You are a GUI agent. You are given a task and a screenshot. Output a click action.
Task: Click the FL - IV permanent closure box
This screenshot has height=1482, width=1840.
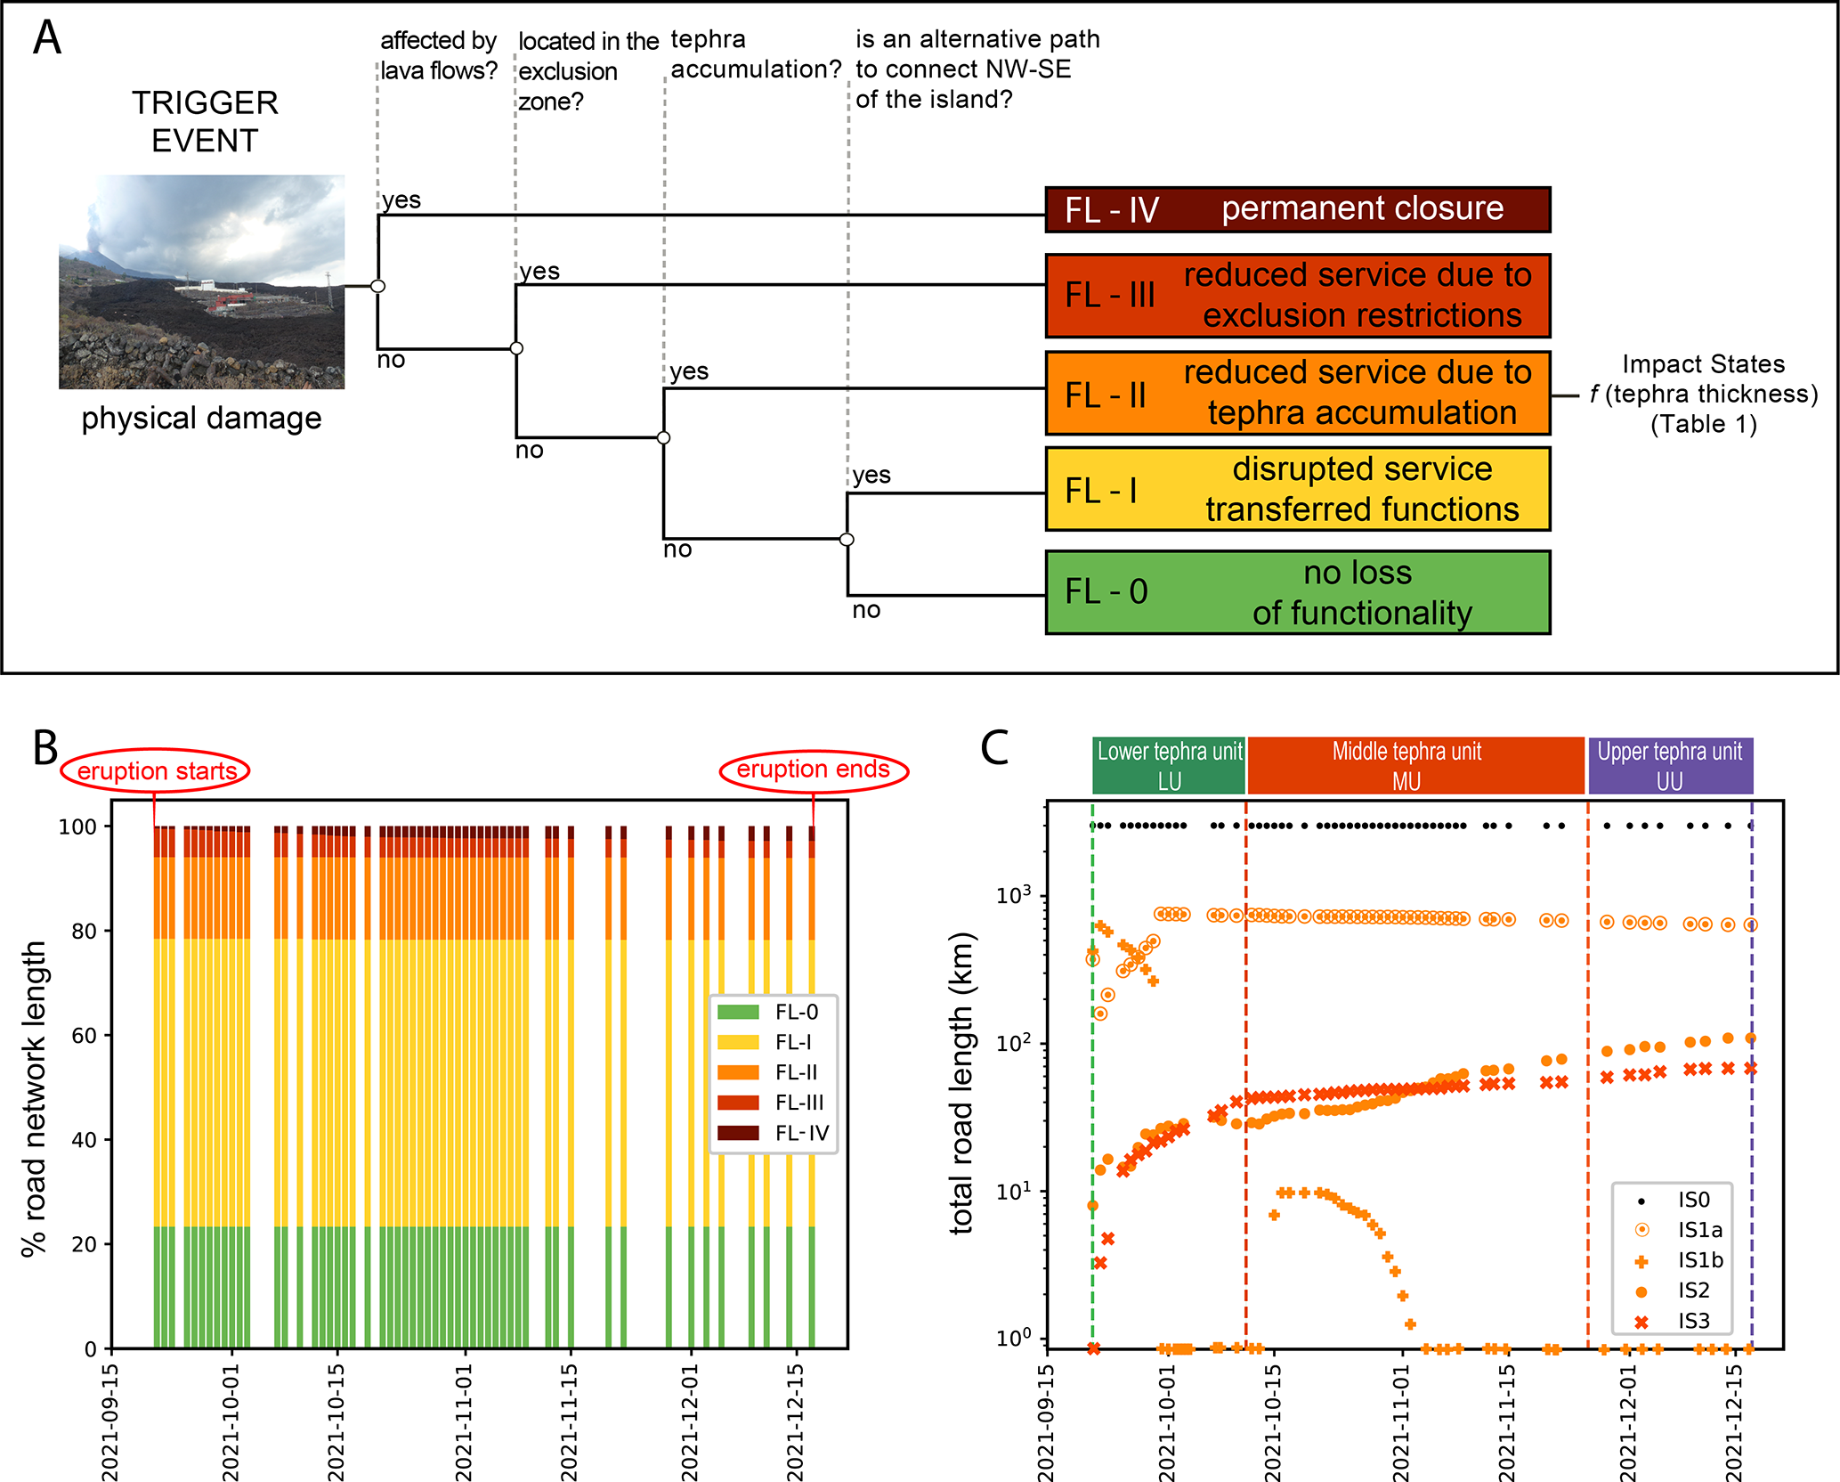click(1297, 209)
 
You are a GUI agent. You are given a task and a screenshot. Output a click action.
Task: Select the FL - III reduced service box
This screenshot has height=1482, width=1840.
click(1297, 296)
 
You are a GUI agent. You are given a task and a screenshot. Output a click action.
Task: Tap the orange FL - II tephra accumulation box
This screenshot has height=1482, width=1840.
click(1297, 393)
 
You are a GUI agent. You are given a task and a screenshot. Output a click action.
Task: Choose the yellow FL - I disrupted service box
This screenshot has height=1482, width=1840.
click(1297, 489)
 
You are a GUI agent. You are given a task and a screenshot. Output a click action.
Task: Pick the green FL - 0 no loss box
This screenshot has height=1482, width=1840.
click(1297, 592)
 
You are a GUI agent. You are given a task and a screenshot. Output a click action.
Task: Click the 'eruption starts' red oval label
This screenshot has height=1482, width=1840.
click(156, 770)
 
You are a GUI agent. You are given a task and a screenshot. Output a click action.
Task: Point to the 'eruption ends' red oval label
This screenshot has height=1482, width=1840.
click(813, 769)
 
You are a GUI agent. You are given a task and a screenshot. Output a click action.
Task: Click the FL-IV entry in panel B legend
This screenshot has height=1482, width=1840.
click(774, 1133)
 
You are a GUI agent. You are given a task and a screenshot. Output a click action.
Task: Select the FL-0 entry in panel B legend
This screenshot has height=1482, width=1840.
click(774, 1012)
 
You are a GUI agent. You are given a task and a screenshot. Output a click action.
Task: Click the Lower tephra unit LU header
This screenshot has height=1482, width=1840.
click(1169, 766)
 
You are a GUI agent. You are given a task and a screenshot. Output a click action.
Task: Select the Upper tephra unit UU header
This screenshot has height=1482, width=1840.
click(1670, 766)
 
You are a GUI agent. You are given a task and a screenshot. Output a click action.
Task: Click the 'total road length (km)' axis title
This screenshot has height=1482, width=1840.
click(962, 1083)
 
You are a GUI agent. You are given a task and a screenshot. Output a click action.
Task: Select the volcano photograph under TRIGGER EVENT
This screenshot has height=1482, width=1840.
click(202, 281)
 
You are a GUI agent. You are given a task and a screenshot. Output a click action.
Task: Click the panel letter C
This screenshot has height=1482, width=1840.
click(994, 748)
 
